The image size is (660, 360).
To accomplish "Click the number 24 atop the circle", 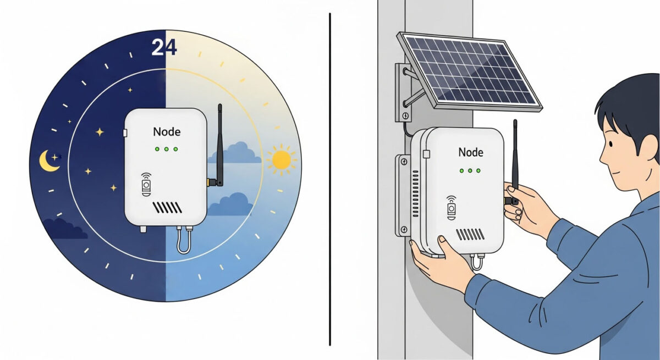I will click(x=164, y=48).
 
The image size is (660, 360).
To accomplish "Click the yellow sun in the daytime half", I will click(x=281, y=160).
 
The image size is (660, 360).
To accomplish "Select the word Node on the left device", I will click(x=166, y=132).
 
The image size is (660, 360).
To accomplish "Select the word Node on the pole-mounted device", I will click(x=470, y=152).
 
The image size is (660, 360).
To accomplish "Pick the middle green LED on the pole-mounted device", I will click(x=470, y=171).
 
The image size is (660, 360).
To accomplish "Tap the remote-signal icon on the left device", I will click(x=146, y=185).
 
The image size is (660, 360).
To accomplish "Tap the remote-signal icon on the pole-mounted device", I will click(x=451, y=207).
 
